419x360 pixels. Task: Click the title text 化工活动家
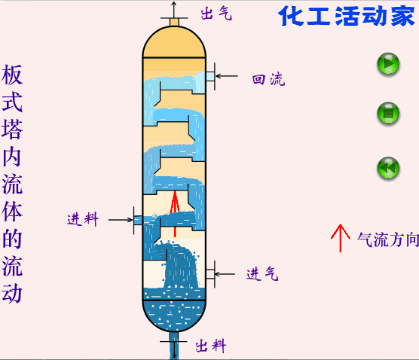344,17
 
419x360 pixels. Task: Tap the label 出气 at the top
215,13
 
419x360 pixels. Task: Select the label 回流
267,79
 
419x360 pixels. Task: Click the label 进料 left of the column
83,219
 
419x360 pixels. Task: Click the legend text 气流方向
385,239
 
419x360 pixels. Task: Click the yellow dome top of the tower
174,42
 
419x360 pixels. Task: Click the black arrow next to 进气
229,272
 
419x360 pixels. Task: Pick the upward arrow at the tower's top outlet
174,11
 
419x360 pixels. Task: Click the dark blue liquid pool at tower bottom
174,314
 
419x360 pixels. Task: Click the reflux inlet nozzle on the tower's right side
211,77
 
